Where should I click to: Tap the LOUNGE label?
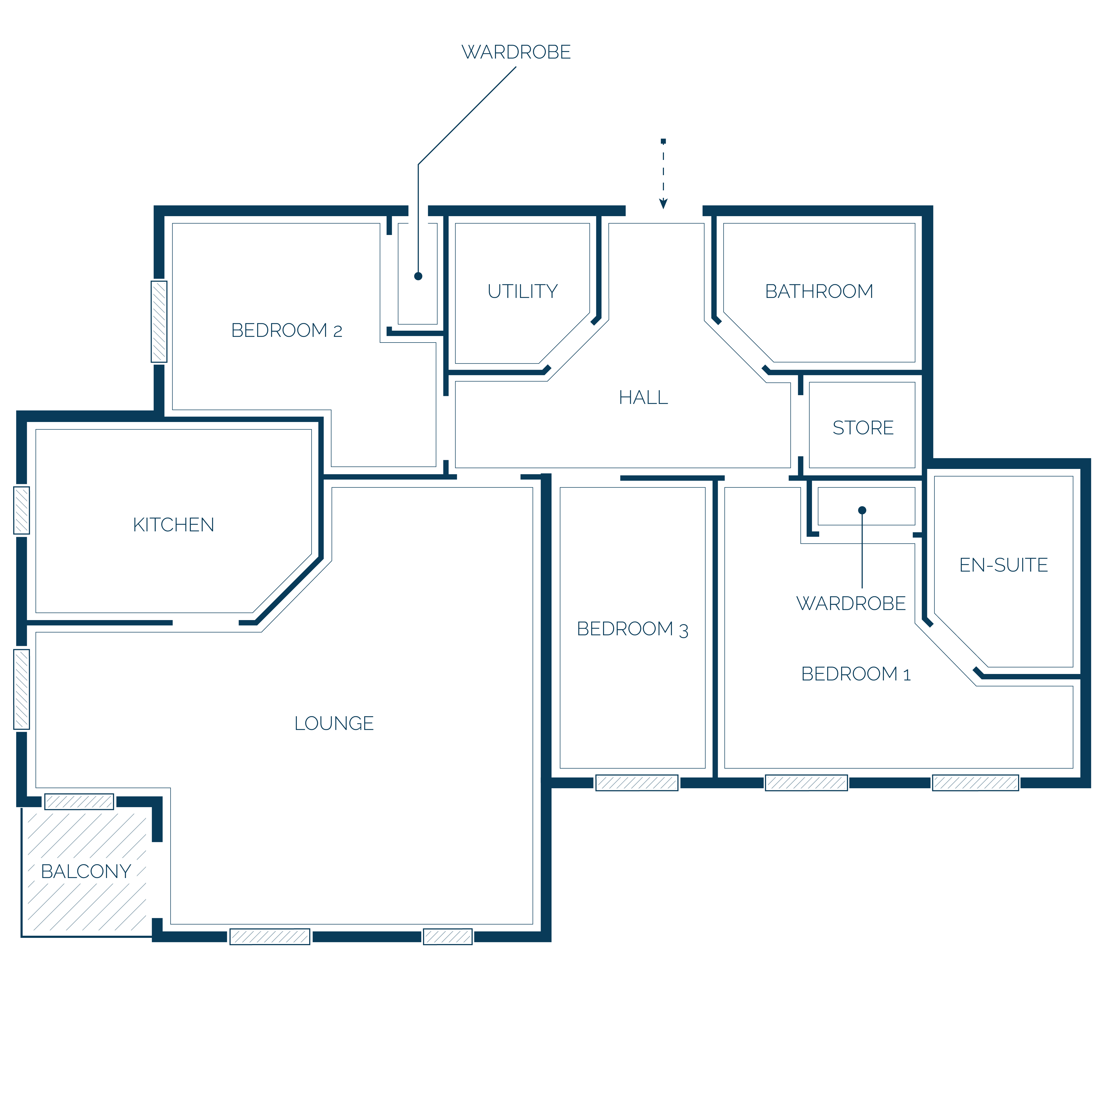point(334,724)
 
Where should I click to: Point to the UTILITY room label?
point(522,291)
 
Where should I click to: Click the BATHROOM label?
point(819,291)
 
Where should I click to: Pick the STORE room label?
point(863,428)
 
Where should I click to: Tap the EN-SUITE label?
point(1003,565)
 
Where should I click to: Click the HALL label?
point(643,397)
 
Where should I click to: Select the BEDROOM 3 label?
point(632,629)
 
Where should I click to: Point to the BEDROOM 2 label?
point(287,330)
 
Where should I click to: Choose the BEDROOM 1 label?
point(856,674)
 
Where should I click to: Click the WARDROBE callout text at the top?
point(516,52)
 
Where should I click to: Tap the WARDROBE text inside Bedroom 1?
point(851,604)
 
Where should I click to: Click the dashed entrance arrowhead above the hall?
point(663,204)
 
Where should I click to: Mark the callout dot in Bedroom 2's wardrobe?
point(418,277)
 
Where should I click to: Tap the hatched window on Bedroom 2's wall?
point(159,321)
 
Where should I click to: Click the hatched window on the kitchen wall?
point(22,510)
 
